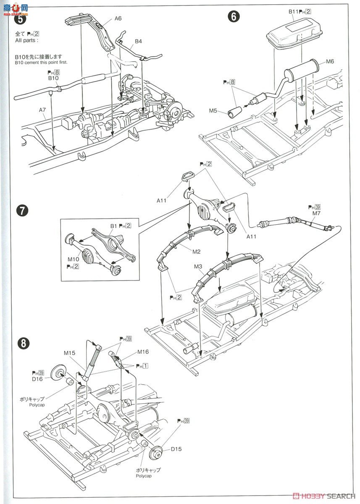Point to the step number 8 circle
coord(24,343)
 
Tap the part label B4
coord(138,42)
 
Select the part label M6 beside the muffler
coord(330,61)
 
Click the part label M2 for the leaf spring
coord(197,252)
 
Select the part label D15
coord(176,449)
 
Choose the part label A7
coord(42,110)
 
